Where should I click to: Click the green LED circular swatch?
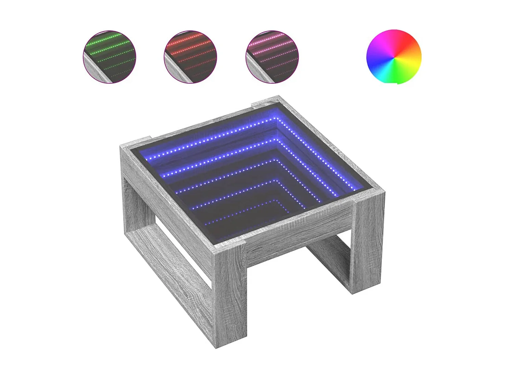[x=109, y=57]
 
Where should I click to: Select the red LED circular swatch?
[x=190, y=57]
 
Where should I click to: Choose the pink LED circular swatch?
[x=272, y=57]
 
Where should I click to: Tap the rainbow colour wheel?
[x=394, y=57]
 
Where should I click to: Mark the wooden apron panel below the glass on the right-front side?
[x=301, y=236]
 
